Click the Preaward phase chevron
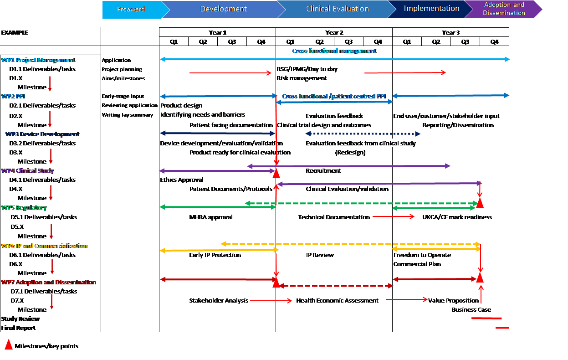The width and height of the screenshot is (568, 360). [x=131, y=10]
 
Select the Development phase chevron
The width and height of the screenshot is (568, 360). [x=223, y=9]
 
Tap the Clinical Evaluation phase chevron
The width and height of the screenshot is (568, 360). [x=337, y=9]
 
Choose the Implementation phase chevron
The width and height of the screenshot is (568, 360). [x=431, y=9]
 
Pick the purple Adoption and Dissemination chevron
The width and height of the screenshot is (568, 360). [x=503, y=9]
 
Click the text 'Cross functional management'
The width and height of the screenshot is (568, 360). [x=334, y=51]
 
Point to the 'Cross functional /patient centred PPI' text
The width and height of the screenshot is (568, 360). [x=334, y=97]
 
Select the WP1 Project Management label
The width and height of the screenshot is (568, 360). [x=38, y=60]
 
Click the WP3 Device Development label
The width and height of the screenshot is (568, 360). [x=42, y=134]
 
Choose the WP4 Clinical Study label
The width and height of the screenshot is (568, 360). [x=28, y=171]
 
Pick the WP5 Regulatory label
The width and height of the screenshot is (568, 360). [x=24, y=208]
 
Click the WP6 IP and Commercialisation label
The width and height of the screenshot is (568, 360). [x=45, y=246]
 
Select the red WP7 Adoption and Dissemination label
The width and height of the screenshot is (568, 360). [x=49, y=283]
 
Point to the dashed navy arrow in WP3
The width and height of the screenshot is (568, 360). [x=363, y=134]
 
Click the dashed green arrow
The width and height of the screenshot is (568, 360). [x=362, y=203]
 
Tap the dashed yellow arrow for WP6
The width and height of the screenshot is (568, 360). [x=351, y=244]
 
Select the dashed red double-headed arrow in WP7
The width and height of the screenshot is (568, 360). [x=336, y=286]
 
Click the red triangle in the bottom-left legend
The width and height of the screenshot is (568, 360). [x=8, y=345]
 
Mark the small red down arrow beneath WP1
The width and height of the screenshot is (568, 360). [x=50, y=84]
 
